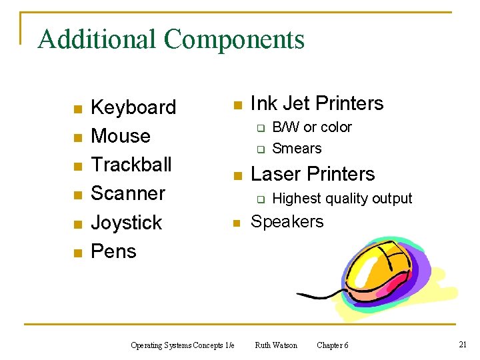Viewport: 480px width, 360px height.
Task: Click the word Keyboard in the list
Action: (133, 107)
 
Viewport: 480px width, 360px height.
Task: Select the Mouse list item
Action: (120, 136)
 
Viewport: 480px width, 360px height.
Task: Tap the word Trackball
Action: (131, 164)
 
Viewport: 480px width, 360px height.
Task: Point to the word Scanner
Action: (127, 193)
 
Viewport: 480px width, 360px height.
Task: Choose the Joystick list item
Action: (126, 222)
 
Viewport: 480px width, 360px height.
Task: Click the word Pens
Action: (113, 251)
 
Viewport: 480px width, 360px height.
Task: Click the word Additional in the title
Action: (97, 39)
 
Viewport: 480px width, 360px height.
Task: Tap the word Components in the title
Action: (234, 39)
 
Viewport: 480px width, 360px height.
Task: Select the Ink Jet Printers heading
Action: (317, 103)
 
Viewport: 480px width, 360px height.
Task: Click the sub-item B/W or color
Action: (312, 127)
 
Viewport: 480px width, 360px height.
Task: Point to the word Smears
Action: (297, 149)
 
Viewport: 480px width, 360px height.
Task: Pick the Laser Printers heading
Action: (313, 174)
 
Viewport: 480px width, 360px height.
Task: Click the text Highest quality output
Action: (342, 198)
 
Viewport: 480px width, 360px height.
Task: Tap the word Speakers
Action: (287, 221)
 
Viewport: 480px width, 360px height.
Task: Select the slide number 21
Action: (462, 344)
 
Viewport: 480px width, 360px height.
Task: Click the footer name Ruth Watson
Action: (276, 345)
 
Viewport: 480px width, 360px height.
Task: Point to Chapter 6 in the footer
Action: (332, 345)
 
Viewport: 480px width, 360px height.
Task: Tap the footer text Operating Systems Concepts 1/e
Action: (182, 345)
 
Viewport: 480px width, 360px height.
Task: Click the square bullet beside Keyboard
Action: (77, 109)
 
